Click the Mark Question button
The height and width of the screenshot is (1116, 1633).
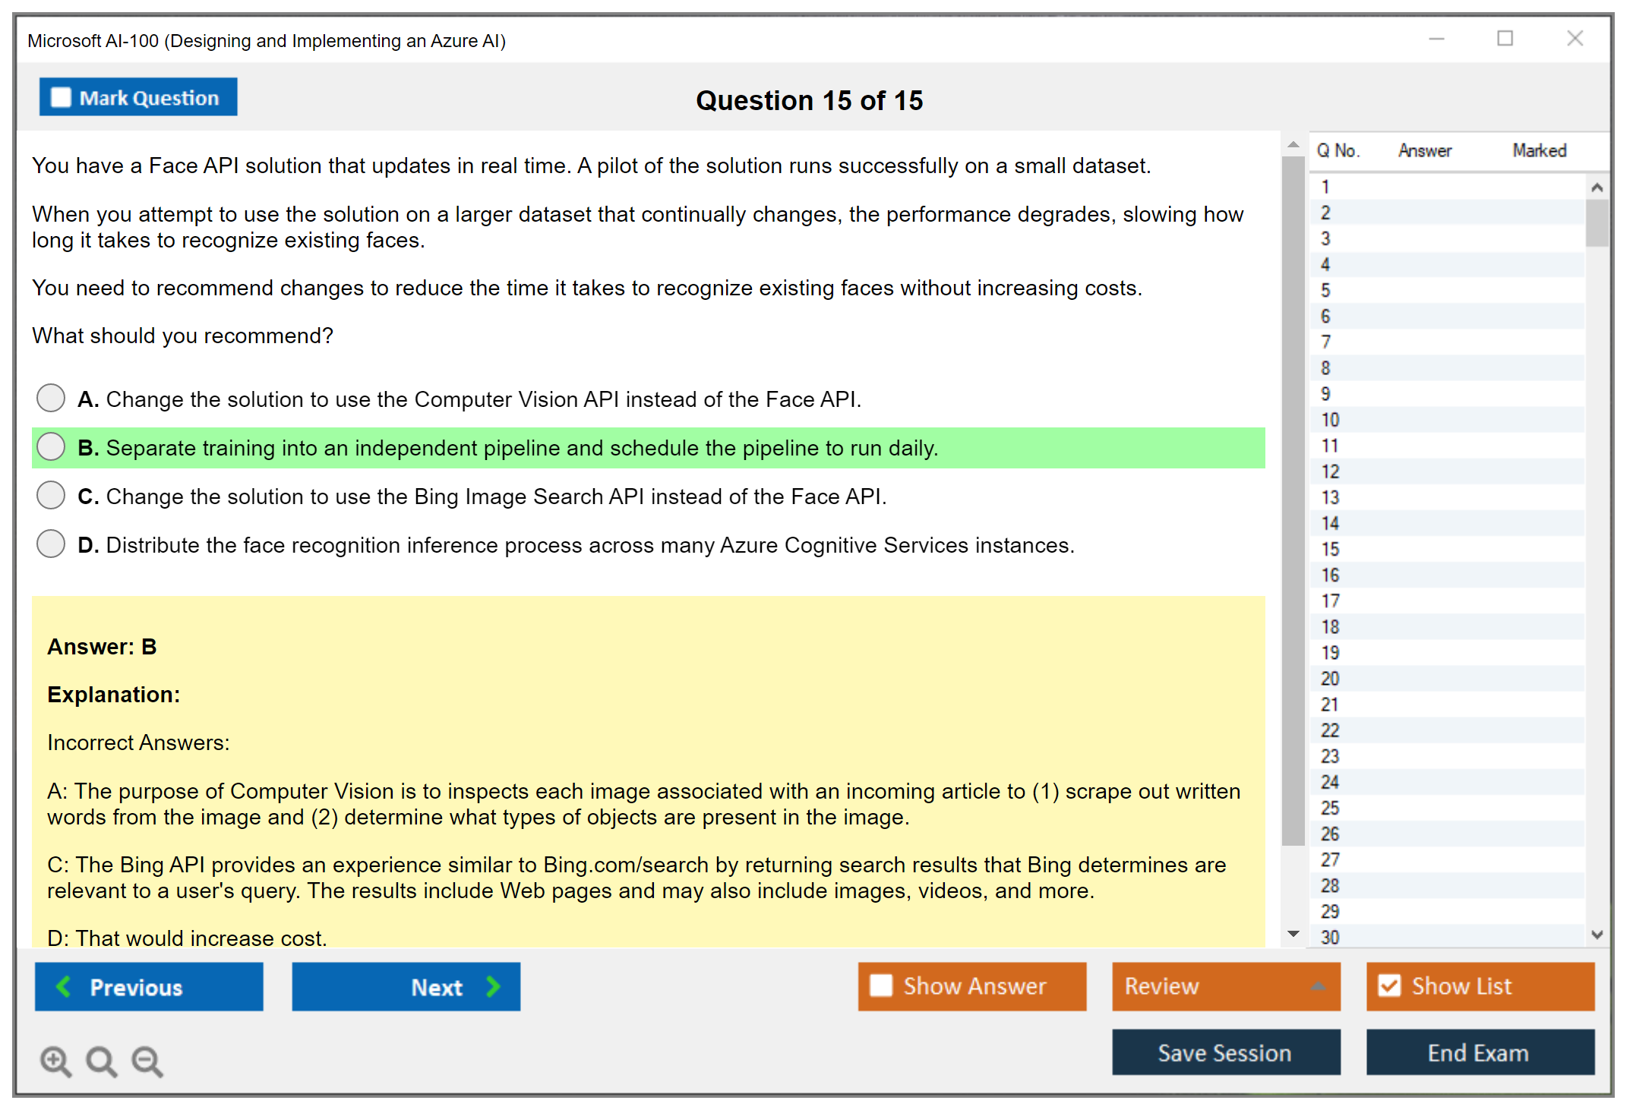138,97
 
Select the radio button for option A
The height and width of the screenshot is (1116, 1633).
51,398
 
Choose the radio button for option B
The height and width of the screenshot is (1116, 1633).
51,446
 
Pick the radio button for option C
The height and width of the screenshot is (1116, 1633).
51,495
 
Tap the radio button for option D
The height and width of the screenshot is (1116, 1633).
51,544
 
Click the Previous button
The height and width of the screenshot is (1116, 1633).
149,986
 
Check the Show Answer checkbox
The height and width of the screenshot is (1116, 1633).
881,985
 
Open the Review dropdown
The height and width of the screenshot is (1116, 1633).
1226,986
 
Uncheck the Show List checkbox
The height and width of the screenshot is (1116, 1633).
1389,985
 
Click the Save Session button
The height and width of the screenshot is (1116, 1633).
1226,1052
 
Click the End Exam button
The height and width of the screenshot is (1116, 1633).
1480,1052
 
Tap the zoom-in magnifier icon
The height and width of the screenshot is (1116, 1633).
56,1061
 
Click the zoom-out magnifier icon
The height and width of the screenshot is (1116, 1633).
147,1061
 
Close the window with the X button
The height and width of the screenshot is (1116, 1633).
1575,38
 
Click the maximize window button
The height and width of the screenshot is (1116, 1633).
1505,38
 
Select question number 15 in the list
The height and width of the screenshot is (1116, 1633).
1330,549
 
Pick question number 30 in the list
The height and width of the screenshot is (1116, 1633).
1330,938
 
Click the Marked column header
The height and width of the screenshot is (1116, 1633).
1539,150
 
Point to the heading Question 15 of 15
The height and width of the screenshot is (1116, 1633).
810,100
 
